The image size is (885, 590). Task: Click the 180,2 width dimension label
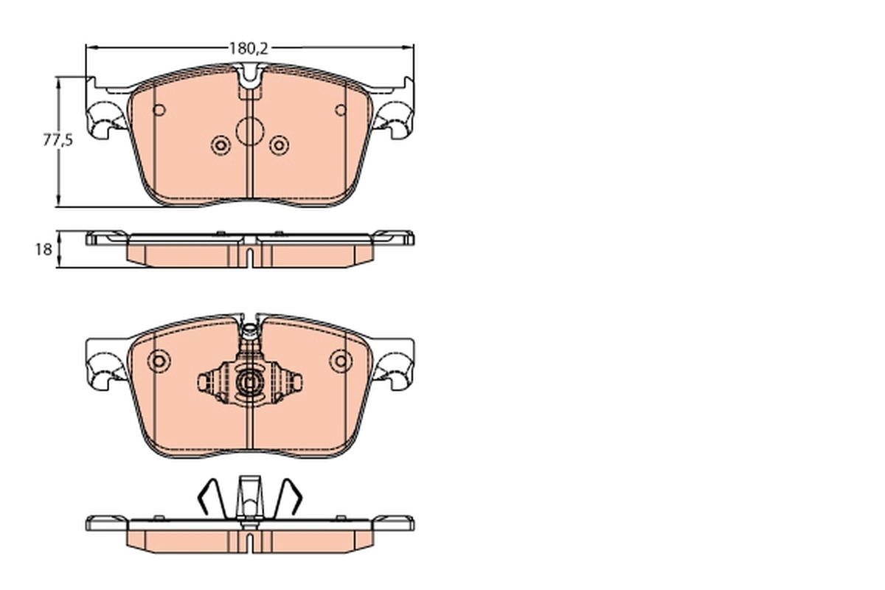click(x=247, y=49)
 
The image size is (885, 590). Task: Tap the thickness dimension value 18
click(x=43, y=249)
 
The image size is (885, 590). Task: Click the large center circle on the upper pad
click(x=249, y=133)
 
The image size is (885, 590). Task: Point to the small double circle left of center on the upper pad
click(x=221, y=145)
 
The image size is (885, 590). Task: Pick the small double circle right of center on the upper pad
click(x=278, y=145)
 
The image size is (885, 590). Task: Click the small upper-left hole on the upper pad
click(x=158, y=111)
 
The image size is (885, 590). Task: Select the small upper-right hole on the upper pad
click(x=340, y=111)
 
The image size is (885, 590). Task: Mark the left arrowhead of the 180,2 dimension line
click(x=91, y=48)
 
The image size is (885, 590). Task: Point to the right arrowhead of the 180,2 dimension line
click(x=409, y=48)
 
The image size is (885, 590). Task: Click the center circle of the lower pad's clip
click(x=249, y=382)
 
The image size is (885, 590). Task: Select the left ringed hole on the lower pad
click(x=158, y=361)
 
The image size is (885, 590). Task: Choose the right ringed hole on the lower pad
click(x=340, y=361)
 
